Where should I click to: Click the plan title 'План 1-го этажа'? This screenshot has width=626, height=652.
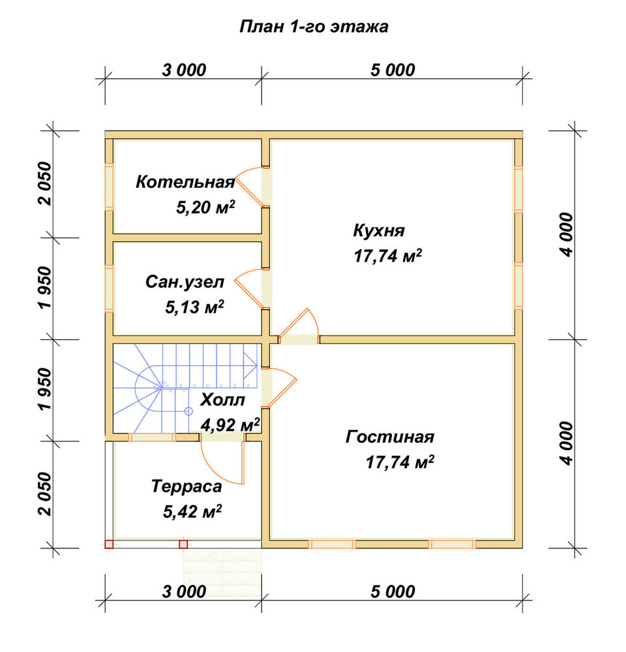tap(314, 27)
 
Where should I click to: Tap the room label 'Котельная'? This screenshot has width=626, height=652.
tap(185, 182)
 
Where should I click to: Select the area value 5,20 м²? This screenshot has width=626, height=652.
tap(205, 207)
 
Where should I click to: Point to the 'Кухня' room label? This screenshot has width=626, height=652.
tap(378, 230)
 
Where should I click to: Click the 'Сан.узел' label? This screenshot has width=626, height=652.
tap(185, 282)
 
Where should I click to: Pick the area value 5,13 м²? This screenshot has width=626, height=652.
tap(195, 307)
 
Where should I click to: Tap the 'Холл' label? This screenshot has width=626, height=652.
tap(222, 400)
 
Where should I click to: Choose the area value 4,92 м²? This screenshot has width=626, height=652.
tap(230, 425)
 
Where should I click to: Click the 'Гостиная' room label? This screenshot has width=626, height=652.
tap(390, 437)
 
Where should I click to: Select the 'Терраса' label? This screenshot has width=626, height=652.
tap(186, 486)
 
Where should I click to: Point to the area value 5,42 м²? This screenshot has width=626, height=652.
tap(192, 511)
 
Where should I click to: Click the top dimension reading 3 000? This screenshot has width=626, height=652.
tap(184, 70)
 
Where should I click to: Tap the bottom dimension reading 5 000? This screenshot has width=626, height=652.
tap(393, 592)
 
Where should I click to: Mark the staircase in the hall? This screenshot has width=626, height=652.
tap(185, 387)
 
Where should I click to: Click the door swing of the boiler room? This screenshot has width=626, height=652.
tap(248, 186)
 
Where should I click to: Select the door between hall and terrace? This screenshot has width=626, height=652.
tap(222, 460)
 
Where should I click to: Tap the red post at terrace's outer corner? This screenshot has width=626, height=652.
tap(109, 544)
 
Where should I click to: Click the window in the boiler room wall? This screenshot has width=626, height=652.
tap(109, 186)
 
